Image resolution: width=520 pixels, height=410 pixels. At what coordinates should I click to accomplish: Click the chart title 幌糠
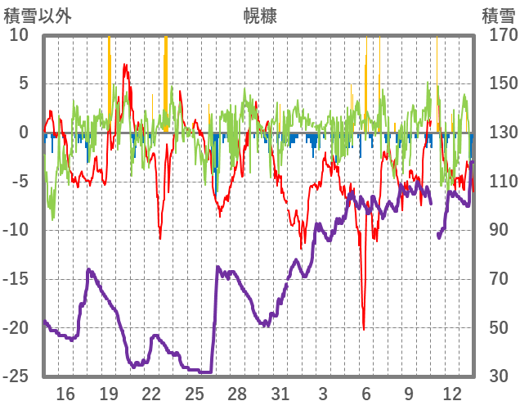(260, 16)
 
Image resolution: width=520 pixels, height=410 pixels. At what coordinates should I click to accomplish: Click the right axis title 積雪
(498, 16)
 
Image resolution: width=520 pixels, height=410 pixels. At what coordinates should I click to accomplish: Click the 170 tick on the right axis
(498, 35)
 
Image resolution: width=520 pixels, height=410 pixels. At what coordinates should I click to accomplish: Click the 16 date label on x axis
(65, 393)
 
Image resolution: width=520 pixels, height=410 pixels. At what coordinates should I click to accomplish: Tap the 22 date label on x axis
(151, 393)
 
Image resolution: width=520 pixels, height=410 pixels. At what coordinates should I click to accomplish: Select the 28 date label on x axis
(237, 393)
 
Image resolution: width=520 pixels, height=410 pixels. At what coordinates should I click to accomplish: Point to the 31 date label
(280, 393)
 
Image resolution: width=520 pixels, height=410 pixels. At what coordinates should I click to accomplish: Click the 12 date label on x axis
(452, 393)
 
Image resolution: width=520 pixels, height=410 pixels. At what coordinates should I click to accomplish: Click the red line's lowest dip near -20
(364, 328)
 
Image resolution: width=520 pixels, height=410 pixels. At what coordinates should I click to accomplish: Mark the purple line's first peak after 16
(88, 269)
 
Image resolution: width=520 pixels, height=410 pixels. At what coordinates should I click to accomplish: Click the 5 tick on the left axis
(23, 83)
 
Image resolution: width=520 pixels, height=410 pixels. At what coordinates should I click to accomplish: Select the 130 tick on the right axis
(498, 133)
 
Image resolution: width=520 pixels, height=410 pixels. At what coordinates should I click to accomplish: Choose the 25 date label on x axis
(195, 393)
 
